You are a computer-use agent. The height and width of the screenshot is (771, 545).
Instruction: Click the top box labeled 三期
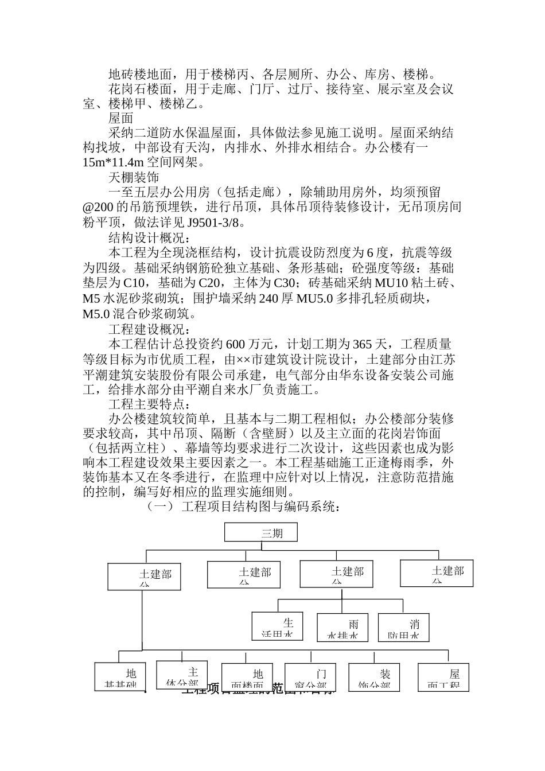click(260, 532)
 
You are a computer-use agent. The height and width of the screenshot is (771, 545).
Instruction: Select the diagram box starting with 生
click(277, 627)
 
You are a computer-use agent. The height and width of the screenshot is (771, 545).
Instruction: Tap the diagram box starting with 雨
click(342, 627)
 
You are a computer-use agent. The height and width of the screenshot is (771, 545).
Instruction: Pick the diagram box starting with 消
click(403, 627)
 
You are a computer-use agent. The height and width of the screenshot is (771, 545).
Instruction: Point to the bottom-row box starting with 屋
click(443, 677)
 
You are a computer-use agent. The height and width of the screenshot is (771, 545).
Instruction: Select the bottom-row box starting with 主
click(181, 676)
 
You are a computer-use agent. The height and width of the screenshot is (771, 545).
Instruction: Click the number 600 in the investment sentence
click(236, 344)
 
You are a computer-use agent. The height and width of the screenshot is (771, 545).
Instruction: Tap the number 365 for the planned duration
click(362, 344)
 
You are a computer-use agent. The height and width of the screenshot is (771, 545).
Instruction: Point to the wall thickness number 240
click(269, 298)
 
